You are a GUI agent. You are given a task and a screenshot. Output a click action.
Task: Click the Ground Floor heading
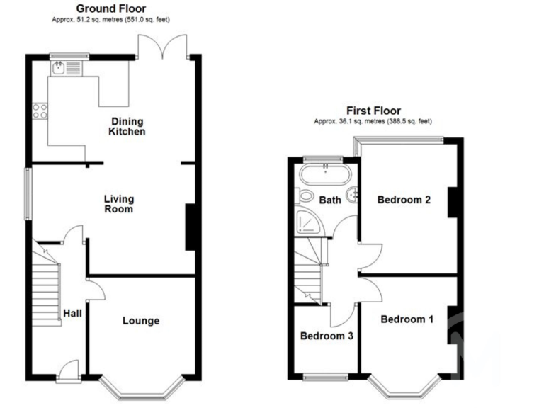(113, 9)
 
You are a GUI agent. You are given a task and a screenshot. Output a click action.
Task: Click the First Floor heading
(373, 110)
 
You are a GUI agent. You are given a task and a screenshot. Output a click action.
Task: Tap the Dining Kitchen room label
(127, 126)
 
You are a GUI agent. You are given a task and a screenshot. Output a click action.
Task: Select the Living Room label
(118, 204)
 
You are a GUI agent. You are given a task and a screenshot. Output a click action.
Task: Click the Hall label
(72, 313)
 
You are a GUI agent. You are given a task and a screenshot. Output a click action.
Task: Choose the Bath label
(329, 200)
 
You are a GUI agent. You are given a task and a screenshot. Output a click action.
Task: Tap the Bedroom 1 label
(407, 319)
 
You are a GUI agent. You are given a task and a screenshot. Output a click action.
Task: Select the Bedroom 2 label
(404, 200)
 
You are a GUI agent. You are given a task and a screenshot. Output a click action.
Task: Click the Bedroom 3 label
(327, 336)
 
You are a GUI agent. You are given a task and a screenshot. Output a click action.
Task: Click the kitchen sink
(58, 68)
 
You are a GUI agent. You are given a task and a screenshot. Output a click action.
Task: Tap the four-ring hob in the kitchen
(40, 110)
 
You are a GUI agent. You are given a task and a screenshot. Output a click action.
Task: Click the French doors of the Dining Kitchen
(164, 47)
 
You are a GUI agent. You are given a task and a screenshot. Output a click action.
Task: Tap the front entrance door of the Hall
(69, 370)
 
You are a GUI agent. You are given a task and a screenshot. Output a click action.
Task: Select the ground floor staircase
(47, 283)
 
